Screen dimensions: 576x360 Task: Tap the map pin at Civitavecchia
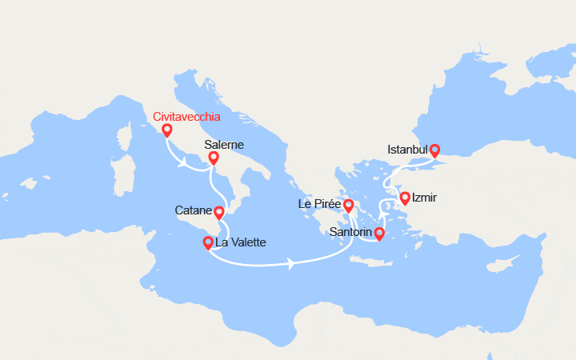166,130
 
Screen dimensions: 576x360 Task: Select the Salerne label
224,145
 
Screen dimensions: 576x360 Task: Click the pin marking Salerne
214,158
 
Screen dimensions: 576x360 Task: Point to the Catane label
193,211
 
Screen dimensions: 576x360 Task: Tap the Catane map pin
219,212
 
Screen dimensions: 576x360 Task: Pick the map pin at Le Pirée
349,205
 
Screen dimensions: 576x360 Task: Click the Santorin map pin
379,234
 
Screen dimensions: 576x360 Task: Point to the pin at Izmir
406,198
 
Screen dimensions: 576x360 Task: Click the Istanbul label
407,150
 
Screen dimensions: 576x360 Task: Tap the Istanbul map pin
435,150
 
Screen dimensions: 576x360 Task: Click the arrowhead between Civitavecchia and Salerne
184,162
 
